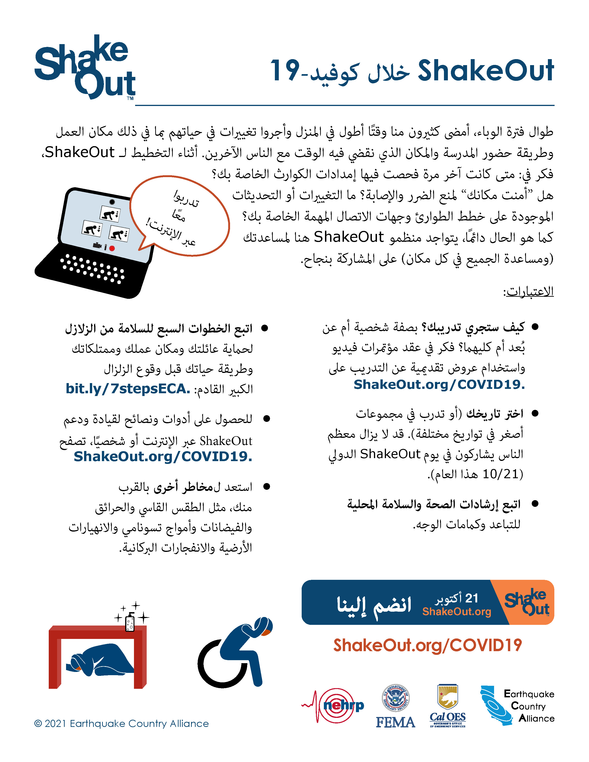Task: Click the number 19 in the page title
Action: pos(285,70)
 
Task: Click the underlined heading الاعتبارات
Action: pos(529,291)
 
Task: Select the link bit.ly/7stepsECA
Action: pos(128,389)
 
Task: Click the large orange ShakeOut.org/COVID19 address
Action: pos(428,645)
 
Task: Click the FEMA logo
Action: pos(395,706)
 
